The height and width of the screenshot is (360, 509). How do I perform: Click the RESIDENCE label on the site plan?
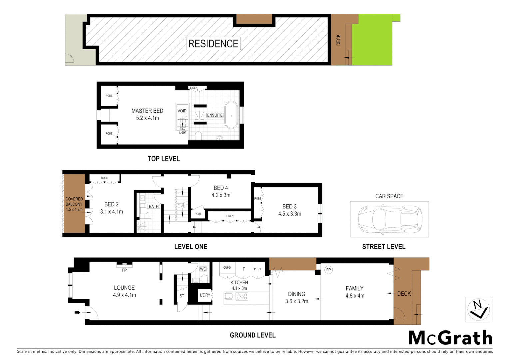[x=213, y=44]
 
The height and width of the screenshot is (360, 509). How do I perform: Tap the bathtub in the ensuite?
[x=231, y=115]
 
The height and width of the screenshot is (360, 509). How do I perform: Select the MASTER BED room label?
[x=147, y=111]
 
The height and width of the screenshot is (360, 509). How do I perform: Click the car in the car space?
[x=389, y=219]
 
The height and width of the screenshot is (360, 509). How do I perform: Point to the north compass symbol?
[x=478, y=310]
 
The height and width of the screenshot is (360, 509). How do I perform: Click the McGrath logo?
[x=450, y=338]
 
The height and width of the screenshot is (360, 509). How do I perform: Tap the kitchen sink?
[x=229, y=296]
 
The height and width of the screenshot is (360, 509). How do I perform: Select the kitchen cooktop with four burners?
[x=242, y=296]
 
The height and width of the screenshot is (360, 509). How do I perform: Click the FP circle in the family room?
[x=328, y=270]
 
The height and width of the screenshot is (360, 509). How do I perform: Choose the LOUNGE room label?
[x=124, y=288]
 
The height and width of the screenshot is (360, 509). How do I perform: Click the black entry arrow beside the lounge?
[x=77, y=312]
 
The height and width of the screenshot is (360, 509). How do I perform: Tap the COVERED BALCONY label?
[x=74, y=202]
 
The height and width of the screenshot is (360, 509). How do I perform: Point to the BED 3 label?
[x=289, y=207]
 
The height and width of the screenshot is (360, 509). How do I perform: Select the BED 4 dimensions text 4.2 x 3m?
[x=221, y=195]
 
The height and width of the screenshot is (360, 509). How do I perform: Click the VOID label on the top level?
[x=182, y=111]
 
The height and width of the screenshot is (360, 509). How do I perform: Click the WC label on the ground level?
[x=203, y=269]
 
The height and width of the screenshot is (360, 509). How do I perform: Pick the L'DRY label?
[x=205, y=295]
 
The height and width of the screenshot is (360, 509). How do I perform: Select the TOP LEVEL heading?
[x=164, y=159]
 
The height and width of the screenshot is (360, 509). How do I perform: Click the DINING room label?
[x=296, y=294]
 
